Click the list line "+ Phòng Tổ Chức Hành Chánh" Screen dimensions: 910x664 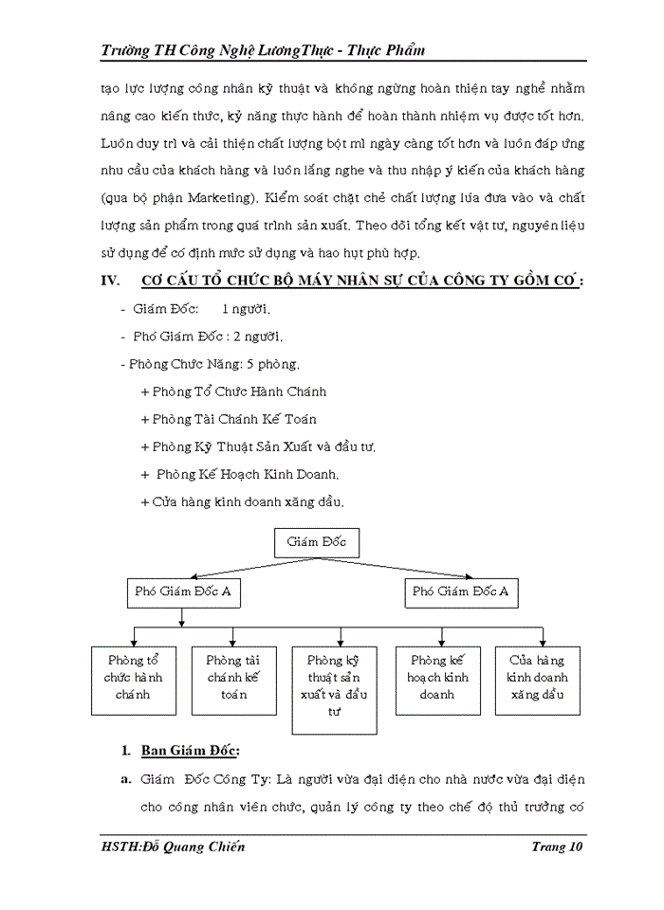coord(233,391)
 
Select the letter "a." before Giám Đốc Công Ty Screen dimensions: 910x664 coord(124,779)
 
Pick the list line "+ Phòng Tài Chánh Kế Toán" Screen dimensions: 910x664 coord(228,419)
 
